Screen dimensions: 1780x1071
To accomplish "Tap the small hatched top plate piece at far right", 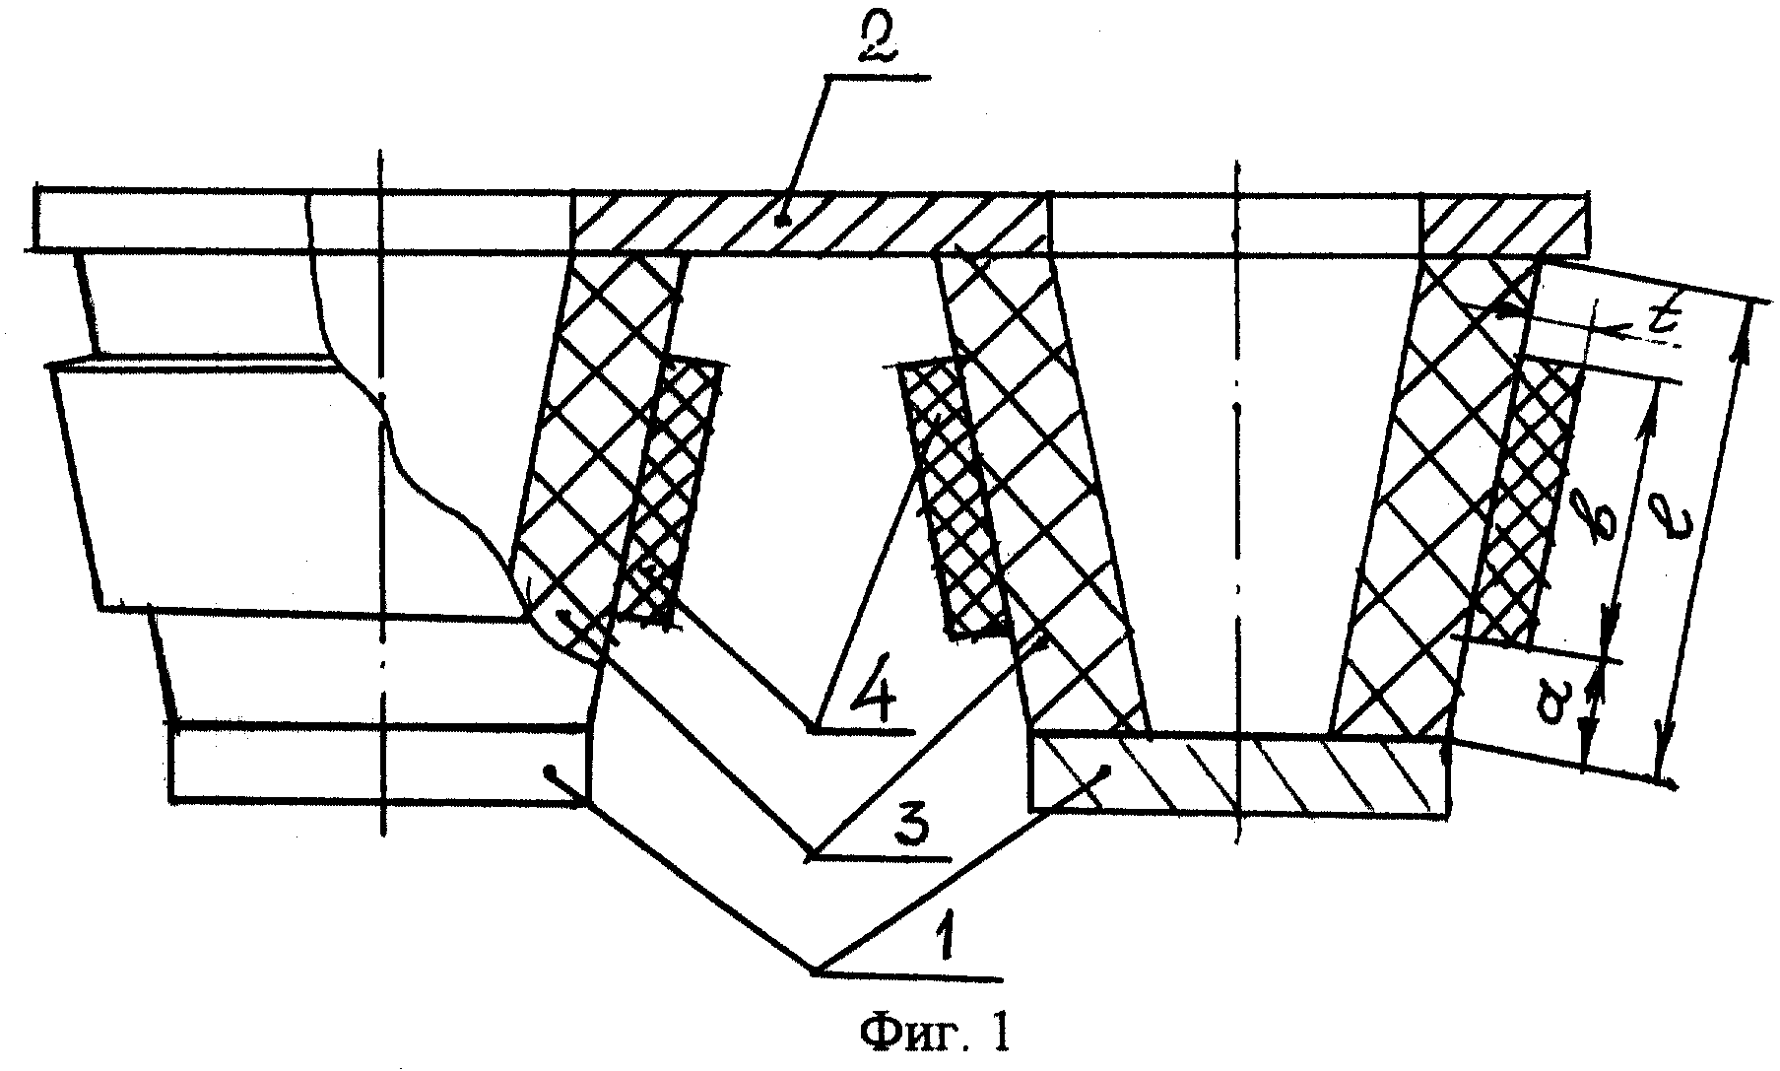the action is [1503, 226].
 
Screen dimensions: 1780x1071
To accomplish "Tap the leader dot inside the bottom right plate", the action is [1108, 769].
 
